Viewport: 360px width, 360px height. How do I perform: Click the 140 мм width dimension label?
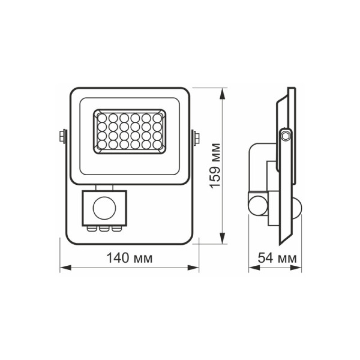[130, 258]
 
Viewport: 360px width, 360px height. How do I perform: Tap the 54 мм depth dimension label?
[277, 258]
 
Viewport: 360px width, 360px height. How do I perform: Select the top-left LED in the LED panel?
[102, 118]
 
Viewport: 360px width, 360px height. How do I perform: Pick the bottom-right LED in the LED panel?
[157, 145]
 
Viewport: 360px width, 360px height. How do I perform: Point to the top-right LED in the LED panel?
[157, 118]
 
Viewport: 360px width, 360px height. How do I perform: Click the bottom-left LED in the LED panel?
[102, 145]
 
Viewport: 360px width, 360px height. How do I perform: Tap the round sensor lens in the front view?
[104, 207]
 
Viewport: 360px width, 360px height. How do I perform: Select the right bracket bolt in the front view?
[196, 137]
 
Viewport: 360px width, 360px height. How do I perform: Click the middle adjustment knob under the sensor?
[104, 228]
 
